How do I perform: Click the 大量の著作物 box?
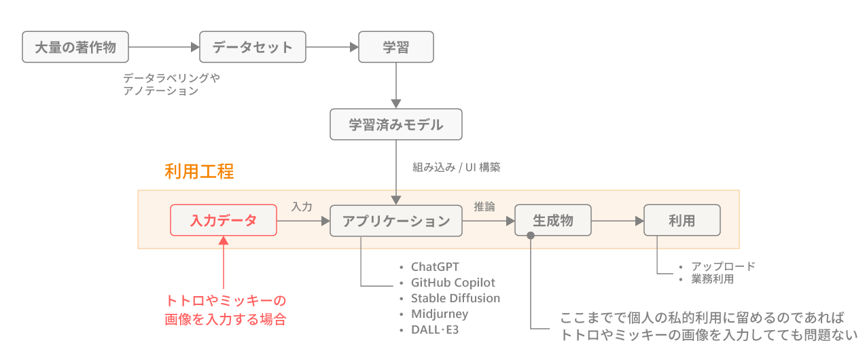click(75, 47)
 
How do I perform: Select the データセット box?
click(252, 47)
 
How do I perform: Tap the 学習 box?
click(395, 47)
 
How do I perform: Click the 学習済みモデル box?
click(395, 124)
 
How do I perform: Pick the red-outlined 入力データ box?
click(224, 220)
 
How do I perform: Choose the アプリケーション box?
click(395, 220)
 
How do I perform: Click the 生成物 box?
click(553, 220)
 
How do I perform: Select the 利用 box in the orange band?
click(682, 220)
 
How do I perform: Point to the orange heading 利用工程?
click(199, 171)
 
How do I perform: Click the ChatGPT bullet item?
click(435, 266)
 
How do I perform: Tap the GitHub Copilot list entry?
click(453, 283)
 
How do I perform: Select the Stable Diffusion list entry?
click(455, 298)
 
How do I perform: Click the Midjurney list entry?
click(440, 314)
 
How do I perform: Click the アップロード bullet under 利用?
click(723, 266)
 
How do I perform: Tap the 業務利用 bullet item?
click(712, 278)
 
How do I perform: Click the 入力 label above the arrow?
click(302, 206)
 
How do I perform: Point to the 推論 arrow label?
click(484, 206)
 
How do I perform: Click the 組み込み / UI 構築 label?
click(456, 167)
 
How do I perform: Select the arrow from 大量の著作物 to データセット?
click(164, 47)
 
